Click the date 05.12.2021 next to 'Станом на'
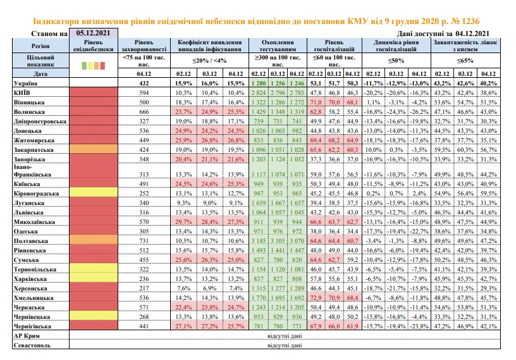pyautogui.click(x=93, y=33)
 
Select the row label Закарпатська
pyautogui.click(x=34, y=150)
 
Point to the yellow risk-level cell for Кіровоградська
pyautogui.click(x=94, y=192)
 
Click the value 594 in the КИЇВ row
pyautogui.click(x=144, y=93)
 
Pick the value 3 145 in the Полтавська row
pyautogui.click(x=259, y=241)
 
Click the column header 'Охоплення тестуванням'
pyautogui.click(x=278, y=46)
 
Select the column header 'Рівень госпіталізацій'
pyautogui.click(x=334, y=46)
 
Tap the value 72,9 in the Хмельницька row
pyautogui.click(x=316, y=298)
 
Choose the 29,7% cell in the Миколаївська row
pyautogui.click(x=183, y=222)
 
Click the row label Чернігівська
pyautogui.click(x=32, y=326)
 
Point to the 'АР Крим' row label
pyautogui.click(x=27, y=336)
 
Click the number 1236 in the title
pyautogui.click(x=470, y=22)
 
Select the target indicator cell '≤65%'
pyautogui.click(x=465, y=61)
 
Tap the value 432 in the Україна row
pyautogui.click(x=144, y=84)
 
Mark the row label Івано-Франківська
pyautogui.click(x=32, y=171)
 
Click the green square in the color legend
pyautogui.click(x=84, y=66)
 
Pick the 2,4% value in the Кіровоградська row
pyautogui.click(x=419, y=194)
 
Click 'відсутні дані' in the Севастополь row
pyautogui.click(x=285, y=345)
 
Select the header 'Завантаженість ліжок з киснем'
pyautogui.click(x=465, y=46)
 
